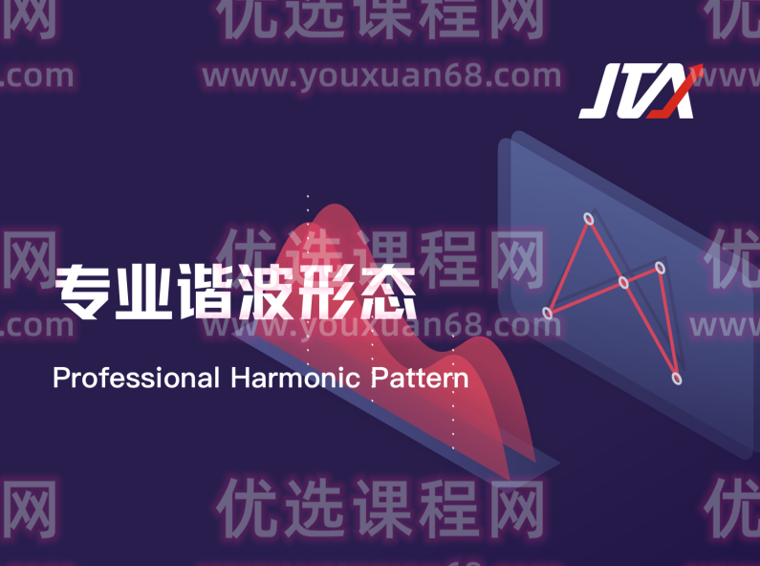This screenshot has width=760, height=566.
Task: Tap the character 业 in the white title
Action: [x=144, y=294]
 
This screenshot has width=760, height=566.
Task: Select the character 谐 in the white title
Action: [x=206, y=294]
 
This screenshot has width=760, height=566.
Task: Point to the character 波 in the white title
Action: [x=267, y=294]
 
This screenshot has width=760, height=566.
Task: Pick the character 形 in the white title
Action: [x=328, y=294]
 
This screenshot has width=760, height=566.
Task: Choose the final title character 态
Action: [x=388, y=294]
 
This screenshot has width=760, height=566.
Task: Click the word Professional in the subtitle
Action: [x=136, y=378]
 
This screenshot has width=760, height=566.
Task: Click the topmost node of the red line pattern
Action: [x=589, y=220]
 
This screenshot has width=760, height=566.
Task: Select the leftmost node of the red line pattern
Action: [x=548, y=313]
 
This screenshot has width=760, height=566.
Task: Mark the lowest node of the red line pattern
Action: [x=677, y=380]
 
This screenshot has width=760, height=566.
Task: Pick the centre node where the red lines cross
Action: [x=623, y=282]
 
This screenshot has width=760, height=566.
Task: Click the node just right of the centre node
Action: [x=660, y=268]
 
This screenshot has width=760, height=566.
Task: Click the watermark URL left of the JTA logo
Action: [x=381, y=76]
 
